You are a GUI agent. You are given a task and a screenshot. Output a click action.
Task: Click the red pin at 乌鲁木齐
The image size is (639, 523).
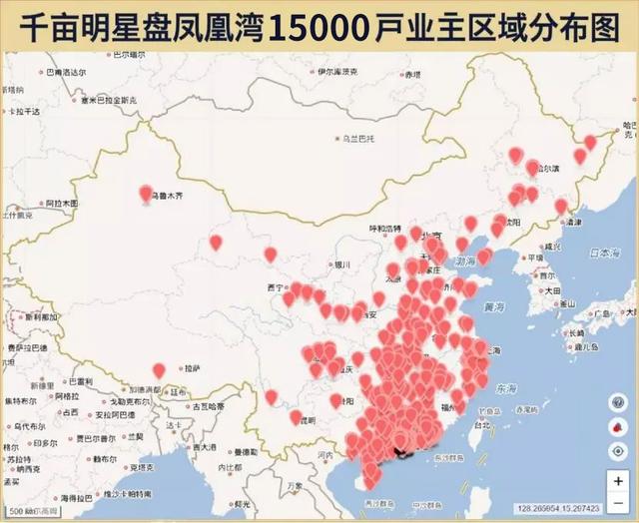click(x=147, y=193)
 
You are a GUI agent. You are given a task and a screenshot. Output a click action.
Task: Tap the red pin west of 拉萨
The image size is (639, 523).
click(x=159, y=370)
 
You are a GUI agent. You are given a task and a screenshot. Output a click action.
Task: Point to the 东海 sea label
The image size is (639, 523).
click(x=506, y=388)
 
